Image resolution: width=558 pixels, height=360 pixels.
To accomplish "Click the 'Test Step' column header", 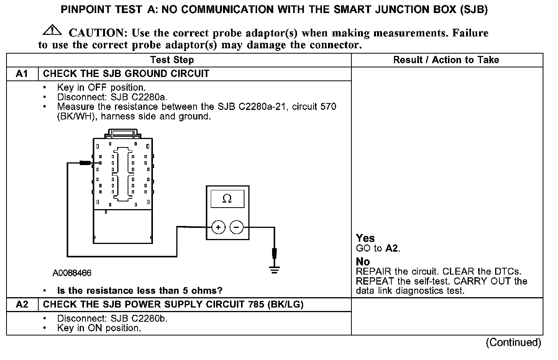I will (172, 60).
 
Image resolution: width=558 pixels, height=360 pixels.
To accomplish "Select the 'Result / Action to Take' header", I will (446, 60).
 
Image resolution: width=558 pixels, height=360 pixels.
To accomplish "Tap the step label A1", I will (22, 74).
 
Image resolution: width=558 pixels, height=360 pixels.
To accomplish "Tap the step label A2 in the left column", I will (22, 304).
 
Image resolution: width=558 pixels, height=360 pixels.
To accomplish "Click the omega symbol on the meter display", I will (227, 198).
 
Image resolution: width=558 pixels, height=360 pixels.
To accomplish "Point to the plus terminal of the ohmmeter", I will (218, 227).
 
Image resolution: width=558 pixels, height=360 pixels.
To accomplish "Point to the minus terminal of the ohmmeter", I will (236, 227).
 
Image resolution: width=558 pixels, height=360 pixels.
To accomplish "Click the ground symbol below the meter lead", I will (274, 270).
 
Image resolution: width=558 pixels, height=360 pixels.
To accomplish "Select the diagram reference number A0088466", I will (72, 273).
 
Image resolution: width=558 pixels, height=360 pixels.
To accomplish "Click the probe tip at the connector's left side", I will (85, 163).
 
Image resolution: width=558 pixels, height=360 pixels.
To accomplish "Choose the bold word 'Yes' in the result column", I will (365, 238).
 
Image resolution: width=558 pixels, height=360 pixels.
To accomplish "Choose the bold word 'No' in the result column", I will (363, 262).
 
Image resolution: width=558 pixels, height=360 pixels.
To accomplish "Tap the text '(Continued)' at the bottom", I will (514, 342).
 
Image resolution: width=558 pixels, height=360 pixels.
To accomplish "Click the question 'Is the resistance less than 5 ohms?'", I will (139, 291).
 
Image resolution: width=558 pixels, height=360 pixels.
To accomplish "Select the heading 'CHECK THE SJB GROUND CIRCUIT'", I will (126, 74).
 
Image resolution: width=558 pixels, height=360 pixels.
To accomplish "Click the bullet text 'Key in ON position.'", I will (99, 328).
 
